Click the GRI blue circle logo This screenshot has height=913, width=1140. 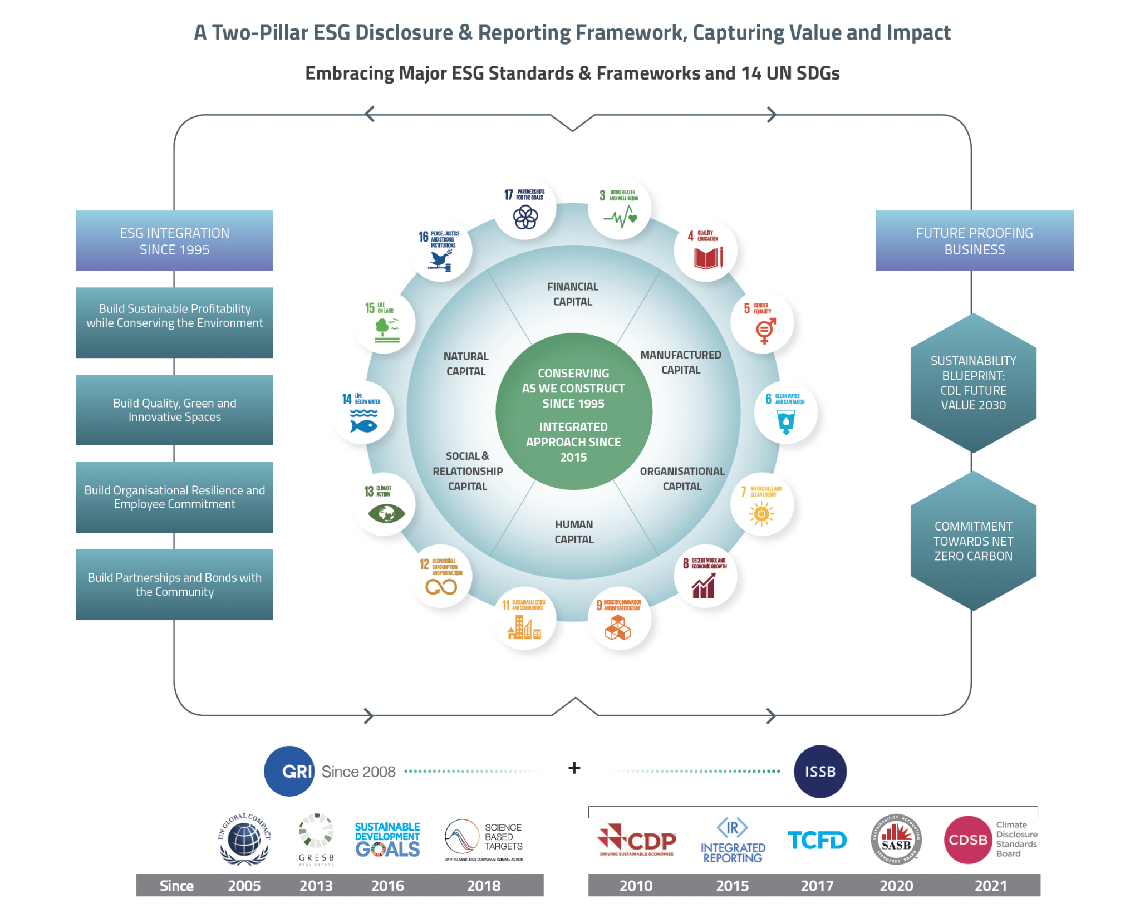click(x=289, y=771)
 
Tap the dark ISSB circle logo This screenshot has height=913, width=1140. click(x=819, y=771)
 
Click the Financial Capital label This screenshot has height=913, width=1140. click(x=572, y=294)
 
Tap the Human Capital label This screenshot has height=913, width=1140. click(x=574, y=532)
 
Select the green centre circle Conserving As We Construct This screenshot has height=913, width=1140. click(x=573, y=412)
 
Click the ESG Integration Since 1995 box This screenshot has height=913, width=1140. click(x=174, y=241)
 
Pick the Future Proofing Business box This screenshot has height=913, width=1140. click(x=974, y=241)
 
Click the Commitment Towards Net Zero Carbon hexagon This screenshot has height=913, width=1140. click(x=973, y=541)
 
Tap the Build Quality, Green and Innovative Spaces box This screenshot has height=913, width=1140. click(x=174, y=410)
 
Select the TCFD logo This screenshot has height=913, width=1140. click(x=817, y=840)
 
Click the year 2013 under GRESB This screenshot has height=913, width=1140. click(x=316, y=885)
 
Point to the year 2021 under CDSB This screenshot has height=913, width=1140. click(x=990, y=885)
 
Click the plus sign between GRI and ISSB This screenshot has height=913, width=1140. click(x=574, y=768)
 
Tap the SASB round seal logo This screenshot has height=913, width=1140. click(x=896, y=840)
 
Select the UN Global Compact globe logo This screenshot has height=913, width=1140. click(x=244, y=840)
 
